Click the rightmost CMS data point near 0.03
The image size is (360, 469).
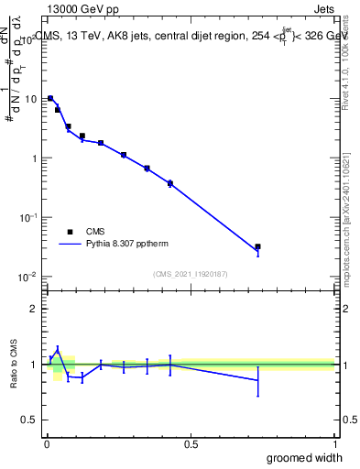[258, 246]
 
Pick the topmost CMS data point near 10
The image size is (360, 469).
[50, 98]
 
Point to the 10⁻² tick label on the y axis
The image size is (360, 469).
[27, 277]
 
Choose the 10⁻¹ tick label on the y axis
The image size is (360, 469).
[27, 217]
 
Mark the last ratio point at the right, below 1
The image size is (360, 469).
[258, 380]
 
